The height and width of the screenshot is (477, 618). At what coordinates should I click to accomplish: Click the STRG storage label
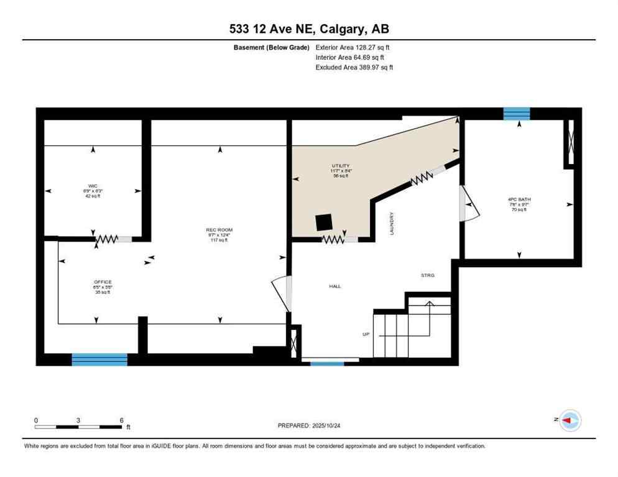pos(427,275)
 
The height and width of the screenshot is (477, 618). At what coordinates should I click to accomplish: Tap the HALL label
pos(335,286)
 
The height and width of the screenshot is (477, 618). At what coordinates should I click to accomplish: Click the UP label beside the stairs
pos(366,334)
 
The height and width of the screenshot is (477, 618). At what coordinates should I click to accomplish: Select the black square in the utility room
pos(323,222)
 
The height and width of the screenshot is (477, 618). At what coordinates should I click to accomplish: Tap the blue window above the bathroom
pos(516,113)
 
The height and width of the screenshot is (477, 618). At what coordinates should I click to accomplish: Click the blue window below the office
pos(99,359)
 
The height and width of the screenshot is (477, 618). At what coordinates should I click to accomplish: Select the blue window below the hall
pos(327,363)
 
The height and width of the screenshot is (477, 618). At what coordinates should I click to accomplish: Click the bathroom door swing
pos(469,204)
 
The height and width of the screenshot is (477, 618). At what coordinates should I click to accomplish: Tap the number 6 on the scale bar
pos(122,420)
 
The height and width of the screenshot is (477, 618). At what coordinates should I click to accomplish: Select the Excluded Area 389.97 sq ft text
pos(354,67)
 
